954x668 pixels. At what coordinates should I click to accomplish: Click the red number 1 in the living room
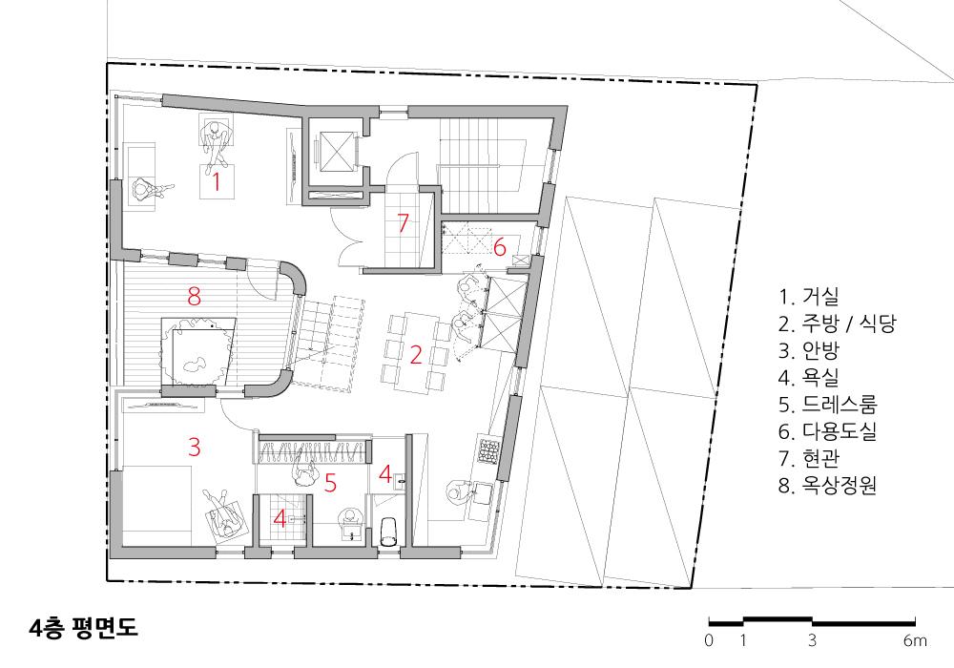click(x=216, y=182)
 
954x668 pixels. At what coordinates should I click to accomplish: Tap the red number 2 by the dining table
click(x=416, y=355)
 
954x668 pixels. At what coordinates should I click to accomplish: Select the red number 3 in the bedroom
click(x=194, y=448)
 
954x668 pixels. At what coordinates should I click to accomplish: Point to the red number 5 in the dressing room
click(x=330, y=483)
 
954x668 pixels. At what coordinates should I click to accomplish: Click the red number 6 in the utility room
click(x=500, y=247)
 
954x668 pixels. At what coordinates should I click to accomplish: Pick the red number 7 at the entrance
click(x=403, y=222)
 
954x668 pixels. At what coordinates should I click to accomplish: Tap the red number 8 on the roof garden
click(x=194, y=296)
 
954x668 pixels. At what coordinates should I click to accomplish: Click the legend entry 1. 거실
click(x=809, y=296)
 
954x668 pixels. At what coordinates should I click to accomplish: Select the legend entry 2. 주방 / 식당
click(x=838, y=324)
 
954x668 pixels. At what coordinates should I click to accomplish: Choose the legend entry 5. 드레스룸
click(x=827, y=405)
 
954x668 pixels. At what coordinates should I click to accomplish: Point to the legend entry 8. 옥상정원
click(x=827, y=485)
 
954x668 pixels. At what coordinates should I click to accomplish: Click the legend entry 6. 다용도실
click(x=827, y=431)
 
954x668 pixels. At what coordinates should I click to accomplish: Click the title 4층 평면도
click(x=83, y=628)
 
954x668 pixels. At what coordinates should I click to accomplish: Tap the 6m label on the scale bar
click(x=915, y=640)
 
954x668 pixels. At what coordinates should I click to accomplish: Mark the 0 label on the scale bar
click(x=709, y=640)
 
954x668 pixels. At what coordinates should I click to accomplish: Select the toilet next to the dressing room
click(x=389, y=532)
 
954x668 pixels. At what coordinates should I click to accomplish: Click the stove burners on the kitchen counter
click(x=489, y=449)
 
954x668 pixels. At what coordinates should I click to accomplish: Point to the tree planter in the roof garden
click(x=197, y=351)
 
